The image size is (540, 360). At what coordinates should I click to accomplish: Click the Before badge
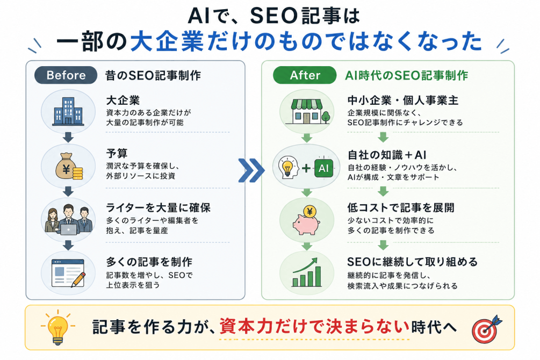(x=66, y=75)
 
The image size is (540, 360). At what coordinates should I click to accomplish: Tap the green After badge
(x=305, y=75)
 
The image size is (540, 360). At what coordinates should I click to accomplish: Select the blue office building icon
(x=68, y=111)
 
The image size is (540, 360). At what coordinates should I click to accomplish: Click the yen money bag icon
(x=69, y=166)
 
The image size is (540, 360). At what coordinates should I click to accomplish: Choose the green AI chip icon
(x=323, y=168)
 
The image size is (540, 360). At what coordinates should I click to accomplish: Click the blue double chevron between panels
(x=251, y=170)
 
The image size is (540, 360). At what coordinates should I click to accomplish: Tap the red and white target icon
(x=486, y=330)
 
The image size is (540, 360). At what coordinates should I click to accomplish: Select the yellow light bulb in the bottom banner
(x=57, y=328)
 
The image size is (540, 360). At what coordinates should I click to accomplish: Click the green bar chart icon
(x=306, y=273)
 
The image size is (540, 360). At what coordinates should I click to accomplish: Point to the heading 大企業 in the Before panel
(x=123, y=100)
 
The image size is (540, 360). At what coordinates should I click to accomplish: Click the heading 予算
(x=117, y=154)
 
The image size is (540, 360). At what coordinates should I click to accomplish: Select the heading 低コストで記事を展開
(x=401, y=208)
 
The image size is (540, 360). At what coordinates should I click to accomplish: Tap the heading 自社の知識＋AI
(x=387, y=155)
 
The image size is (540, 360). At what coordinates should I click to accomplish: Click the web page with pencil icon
(x=68, y=273)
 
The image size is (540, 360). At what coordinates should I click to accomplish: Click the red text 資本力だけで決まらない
(x=314, y=326)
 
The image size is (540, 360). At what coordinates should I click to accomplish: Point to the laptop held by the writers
(x=68, y=229)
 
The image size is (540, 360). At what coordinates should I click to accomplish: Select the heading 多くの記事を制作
(x=149, y=262)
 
